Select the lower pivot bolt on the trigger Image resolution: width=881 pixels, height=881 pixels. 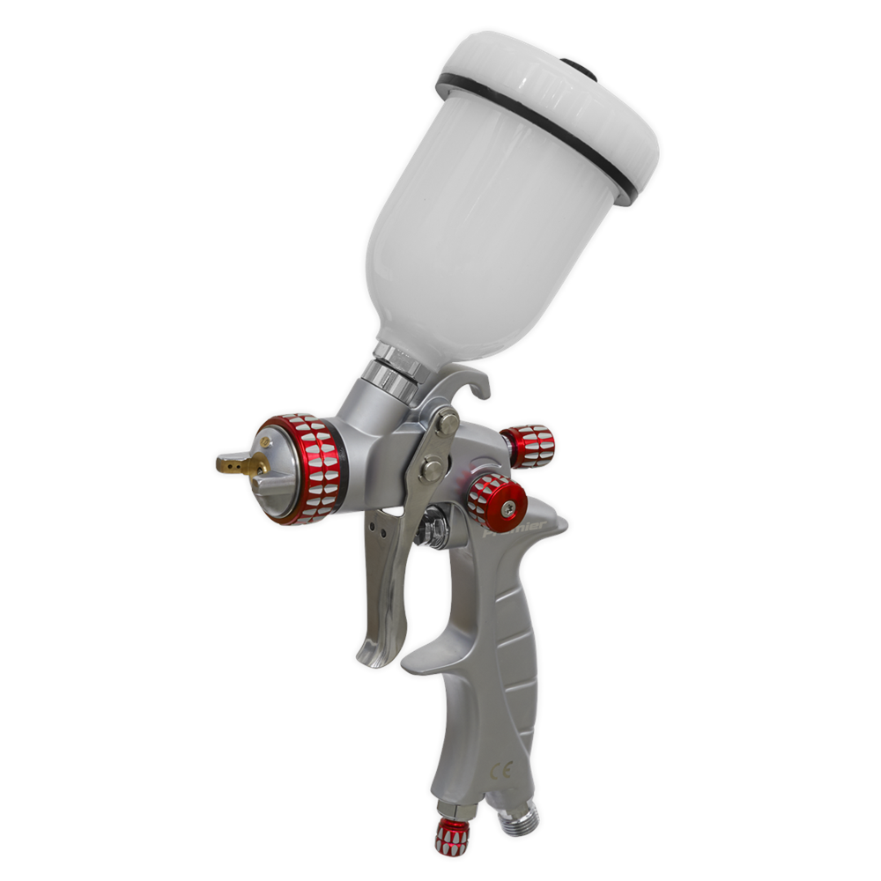[432, 469]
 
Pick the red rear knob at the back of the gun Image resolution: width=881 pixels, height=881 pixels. [529, 445]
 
